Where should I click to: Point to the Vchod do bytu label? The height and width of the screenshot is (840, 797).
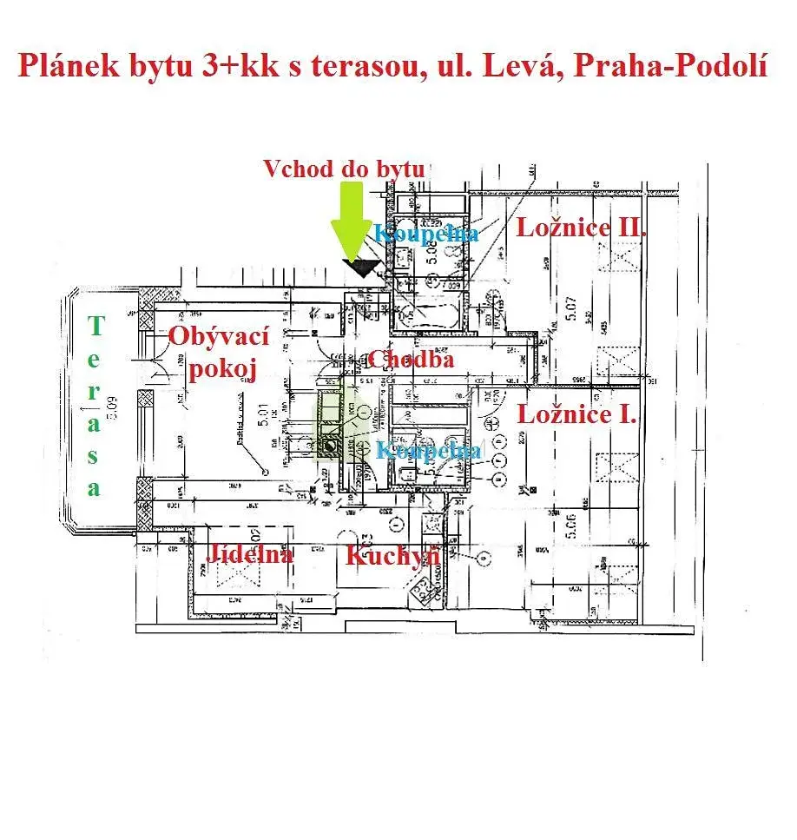point(344,168)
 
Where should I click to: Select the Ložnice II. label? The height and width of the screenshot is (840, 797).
point(582,228)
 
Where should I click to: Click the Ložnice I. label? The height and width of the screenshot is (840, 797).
point(577,414)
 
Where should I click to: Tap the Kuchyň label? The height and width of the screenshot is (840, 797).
point(392,555)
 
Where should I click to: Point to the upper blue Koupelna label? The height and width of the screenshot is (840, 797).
point(426,233)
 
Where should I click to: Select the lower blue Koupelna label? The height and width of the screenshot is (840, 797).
point(428,450)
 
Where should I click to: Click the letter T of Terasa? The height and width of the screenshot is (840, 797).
point(96,327)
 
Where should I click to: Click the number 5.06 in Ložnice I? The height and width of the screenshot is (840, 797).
point(569,528)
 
